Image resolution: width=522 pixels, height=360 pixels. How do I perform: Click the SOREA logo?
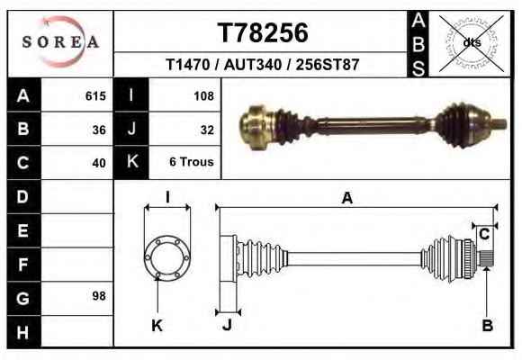click(60, 41)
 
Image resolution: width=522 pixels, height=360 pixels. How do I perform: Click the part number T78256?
click(263, 33)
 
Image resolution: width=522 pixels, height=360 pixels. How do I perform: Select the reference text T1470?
click(188, 65)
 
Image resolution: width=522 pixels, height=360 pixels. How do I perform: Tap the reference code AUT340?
click(253, 65)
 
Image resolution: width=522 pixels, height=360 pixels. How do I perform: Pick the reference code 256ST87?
click(328, 65)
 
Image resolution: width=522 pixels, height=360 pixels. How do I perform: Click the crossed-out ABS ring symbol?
click(472, 43)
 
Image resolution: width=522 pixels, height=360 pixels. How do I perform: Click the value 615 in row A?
click(95, 96)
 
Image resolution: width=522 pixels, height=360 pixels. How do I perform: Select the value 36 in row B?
click(99, 130)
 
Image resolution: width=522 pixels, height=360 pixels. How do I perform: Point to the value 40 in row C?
click(99, 163)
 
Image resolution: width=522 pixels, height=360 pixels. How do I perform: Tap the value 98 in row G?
click(99, 296)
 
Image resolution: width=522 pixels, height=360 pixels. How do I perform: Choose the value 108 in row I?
click(203, 96)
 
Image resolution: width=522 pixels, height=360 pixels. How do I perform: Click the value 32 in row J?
click(207, 130)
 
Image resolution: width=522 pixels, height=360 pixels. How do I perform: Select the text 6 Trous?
click(192, 162)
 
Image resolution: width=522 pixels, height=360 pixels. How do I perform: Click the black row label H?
click(23, 332)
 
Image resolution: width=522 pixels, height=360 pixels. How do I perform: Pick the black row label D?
click(23, 196)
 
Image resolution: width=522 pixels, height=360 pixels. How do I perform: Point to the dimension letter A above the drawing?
click(347, 198)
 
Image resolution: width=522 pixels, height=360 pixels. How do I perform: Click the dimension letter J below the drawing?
click(228, 324)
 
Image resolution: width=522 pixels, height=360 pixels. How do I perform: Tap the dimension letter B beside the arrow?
click(488, 326)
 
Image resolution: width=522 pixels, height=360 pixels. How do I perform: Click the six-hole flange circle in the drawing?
click(167, 257)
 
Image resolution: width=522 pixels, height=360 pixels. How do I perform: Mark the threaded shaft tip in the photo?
click(499, 124)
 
